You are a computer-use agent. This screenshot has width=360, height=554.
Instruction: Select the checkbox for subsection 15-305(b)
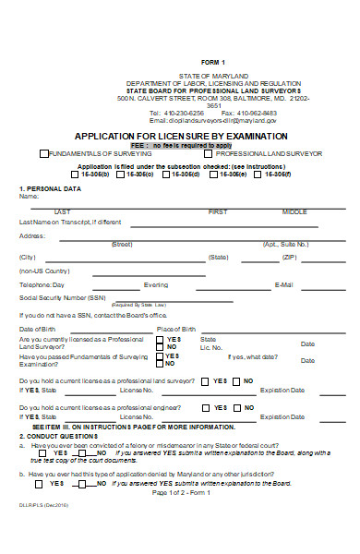pos(76,174)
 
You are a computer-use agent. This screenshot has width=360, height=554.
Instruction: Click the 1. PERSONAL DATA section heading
pos(50,188)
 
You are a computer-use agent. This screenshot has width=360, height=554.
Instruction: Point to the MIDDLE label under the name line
pos(294,211)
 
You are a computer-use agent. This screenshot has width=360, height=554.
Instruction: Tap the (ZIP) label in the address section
pos(288,257)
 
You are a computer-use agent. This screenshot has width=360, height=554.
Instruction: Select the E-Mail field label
pos(284,284)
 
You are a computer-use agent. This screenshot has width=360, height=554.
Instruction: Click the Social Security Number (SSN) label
pos(62,297)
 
